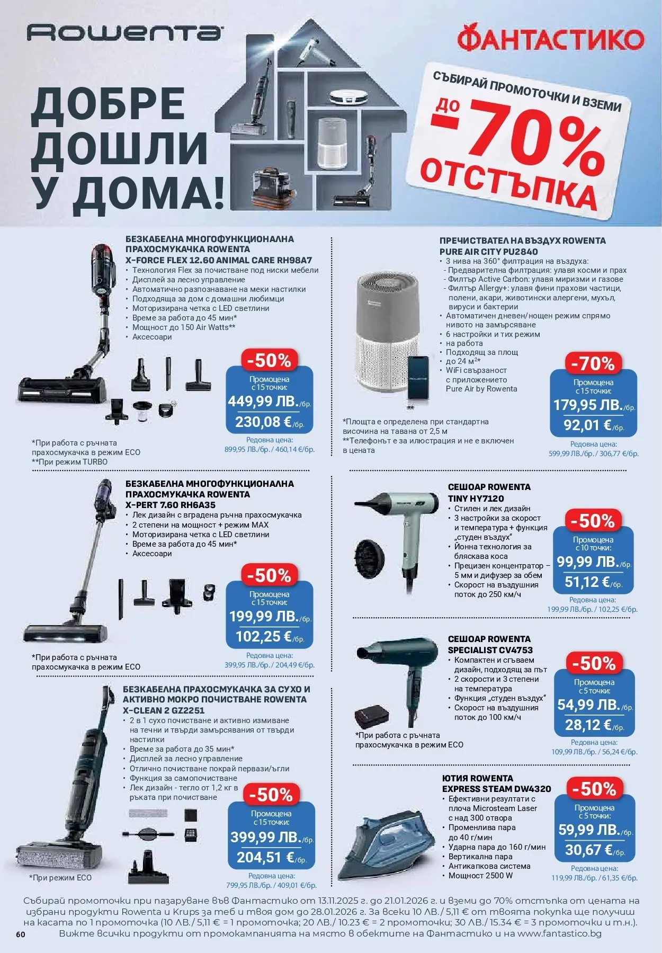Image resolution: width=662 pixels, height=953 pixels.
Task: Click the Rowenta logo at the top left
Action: tap(124, 33)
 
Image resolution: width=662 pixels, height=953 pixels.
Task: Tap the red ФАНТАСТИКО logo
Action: tap(551, 40)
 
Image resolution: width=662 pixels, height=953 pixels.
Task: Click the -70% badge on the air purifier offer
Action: tap(593, 364)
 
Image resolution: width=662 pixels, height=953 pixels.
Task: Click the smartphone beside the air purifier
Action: tap(418, 378)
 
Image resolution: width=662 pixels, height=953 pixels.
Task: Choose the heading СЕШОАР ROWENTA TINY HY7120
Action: tap(489, 493)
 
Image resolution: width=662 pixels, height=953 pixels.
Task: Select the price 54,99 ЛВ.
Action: tap(588, 705)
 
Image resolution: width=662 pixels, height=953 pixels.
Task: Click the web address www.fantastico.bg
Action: tap(559, 933)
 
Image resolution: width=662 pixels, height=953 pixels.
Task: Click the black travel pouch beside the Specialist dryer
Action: tap(371, 718)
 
